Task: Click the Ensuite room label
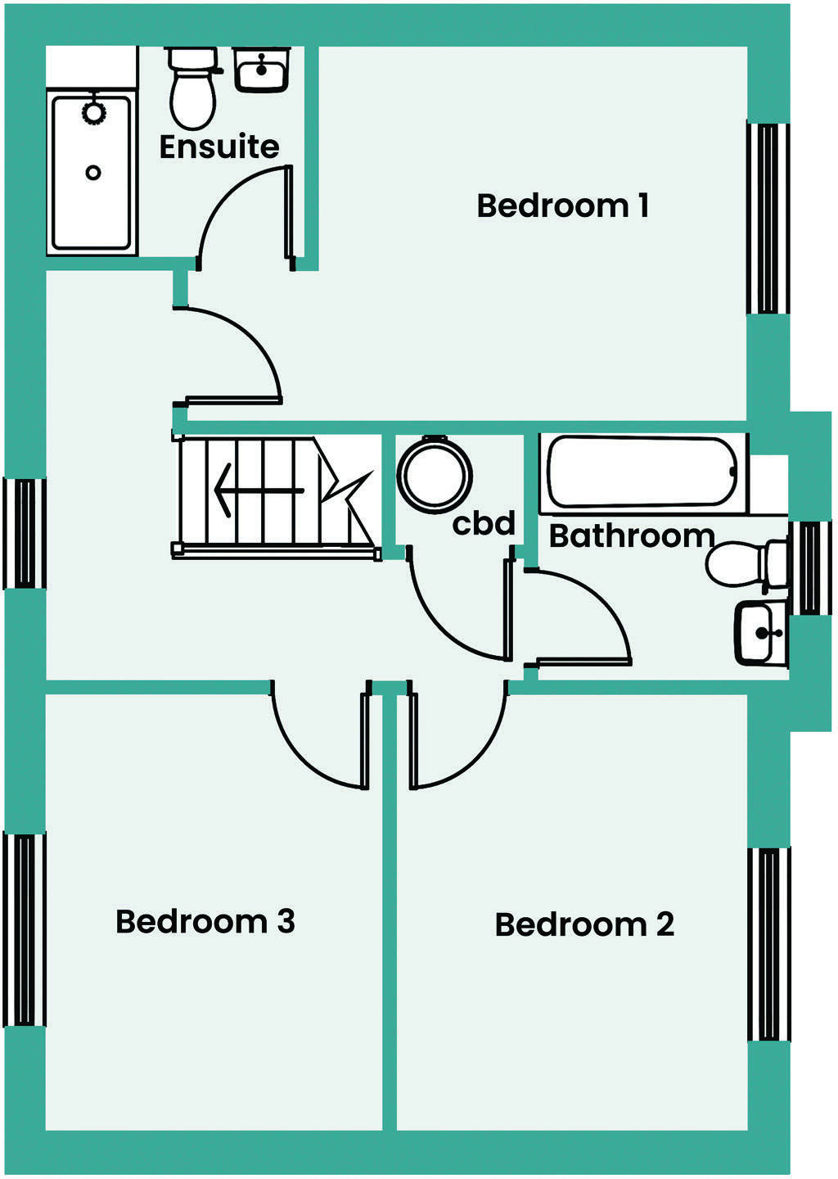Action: (x=219, y=147)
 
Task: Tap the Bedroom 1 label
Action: (x=563, y=206)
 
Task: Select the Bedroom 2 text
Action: (x=584, y=924)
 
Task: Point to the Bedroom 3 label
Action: (x=205, y=921)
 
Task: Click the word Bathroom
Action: (x=631, y=535)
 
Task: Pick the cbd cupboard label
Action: (x=484, y=523)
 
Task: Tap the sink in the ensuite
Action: (x=262, y=70)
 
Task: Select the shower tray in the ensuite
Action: (x=92, y=172)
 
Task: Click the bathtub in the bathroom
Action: (x=642, y=472)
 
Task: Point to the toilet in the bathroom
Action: (x=745, y=564)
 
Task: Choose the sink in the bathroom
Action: (x=761, y=632)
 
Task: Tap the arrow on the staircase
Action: (x=258, y=490)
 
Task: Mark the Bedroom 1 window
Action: (x=768, y=218)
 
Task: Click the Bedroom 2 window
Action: (x=769, y=944)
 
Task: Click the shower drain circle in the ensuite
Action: (x=93, y=173)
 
